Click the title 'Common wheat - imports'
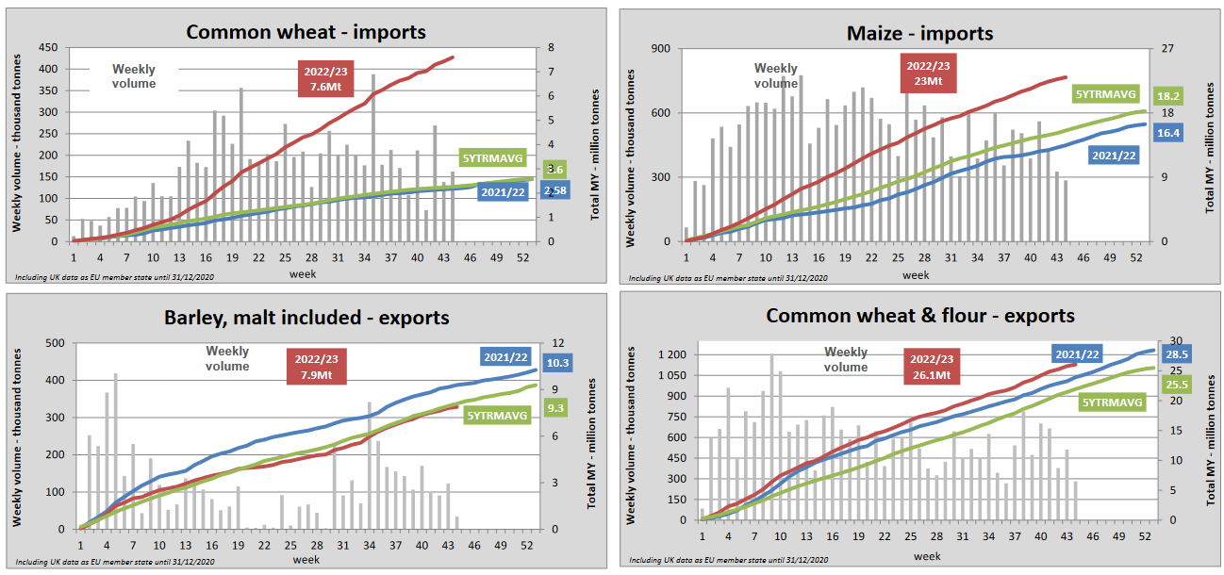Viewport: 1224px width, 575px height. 306,31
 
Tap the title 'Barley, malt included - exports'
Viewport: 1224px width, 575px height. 306,318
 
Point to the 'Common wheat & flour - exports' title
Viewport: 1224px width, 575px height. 920,315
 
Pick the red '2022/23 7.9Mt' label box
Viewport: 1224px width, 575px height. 316,367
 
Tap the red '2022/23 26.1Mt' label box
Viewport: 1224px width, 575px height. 932,367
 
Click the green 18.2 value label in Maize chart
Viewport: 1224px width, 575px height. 1168,95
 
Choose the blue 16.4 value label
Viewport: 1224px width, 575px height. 1168,133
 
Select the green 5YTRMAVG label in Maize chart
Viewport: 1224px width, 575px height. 1105,93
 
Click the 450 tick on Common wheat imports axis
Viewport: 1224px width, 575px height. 47,47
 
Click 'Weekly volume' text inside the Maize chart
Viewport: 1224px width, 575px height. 775,75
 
